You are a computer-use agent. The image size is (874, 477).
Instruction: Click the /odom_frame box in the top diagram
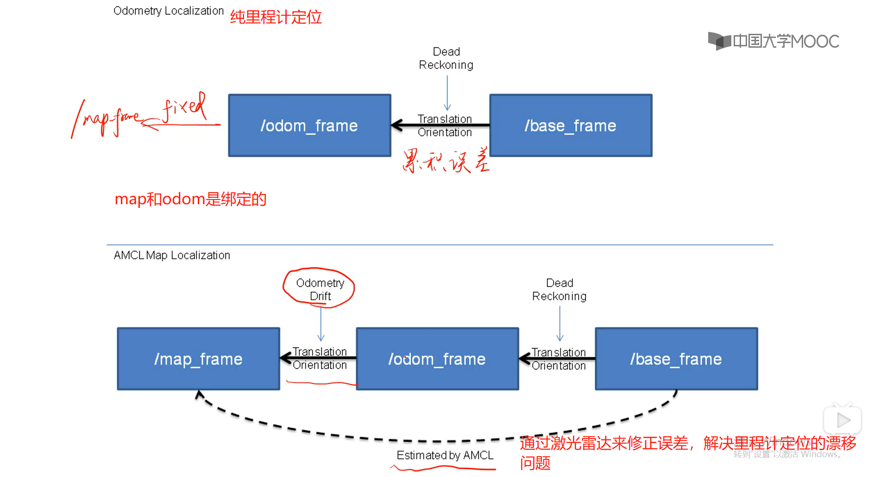coord(309,126)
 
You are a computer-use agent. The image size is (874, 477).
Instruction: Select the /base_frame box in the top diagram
coord(571,126)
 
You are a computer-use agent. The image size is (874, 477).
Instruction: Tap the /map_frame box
coord(198,359)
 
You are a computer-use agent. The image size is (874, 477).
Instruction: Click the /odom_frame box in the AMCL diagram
coord(437,359)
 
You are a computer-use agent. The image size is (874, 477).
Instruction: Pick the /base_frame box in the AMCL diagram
coord(676,359)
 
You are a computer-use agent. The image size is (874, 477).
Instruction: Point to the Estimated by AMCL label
coord(445,455)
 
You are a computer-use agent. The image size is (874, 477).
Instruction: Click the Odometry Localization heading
coord(168,11)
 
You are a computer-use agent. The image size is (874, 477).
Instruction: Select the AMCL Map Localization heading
coord(172,255)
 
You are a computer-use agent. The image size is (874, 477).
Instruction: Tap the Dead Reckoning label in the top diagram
coord(446,58)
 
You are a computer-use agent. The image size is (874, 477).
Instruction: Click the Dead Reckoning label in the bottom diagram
coord(559,289)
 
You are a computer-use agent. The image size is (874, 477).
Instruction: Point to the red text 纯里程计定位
coord(276,17)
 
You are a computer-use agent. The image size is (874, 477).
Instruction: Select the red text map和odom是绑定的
coord(190,199)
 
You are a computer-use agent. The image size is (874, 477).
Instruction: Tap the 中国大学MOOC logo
coord(773,41)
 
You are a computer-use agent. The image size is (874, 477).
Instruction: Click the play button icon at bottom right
coord(843,421)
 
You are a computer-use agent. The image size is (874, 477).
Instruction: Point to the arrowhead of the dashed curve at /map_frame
coord(199,395)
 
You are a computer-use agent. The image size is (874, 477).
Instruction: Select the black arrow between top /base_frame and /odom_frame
coord(440,125)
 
